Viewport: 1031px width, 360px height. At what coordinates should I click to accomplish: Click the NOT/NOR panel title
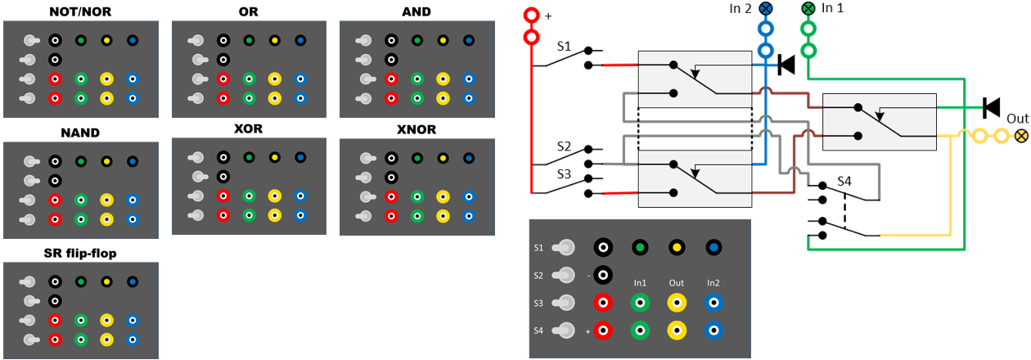tap(81, 12)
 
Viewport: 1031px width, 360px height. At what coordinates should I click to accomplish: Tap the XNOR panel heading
tap(416, 129)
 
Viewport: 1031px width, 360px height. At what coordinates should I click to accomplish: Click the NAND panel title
tap(80, 133)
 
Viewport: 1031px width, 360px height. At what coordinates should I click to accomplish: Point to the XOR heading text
tap(249, 129)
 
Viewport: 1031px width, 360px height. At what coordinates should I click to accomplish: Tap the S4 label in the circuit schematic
tap(844, 181)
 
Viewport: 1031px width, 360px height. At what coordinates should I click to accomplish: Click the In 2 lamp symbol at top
tap(766, 9)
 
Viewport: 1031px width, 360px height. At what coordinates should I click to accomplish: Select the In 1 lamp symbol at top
tap(808, 9)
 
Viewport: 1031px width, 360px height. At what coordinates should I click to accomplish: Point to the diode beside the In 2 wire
tap(786, 64)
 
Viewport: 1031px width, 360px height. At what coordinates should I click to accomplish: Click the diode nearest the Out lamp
tap(992, 107)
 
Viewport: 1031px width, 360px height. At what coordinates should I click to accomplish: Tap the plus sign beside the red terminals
tap(548, 16)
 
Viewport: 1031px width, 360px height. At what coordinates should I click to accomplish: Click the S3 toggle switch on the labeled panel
tap(564, 303)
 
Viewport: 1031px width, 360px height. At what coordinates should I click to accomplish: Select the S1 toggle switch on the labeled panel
tap(564, 246)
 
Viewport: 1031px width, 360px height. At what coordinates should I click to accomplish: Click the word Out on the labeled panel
tap(676, 283)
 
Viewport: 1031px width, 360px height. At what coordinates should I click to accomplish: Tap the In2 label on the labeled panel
tap(713, 283)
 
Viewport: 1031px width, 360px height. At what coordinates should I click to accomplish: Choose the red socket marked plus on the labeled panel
tap(603, 331)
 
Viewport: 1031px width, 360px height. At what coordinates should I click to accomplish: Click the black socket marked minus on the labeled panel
tap(603, 275)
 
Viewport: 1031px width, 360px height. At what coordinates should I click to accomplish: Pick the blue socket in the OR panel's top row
tap(299, 40)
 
